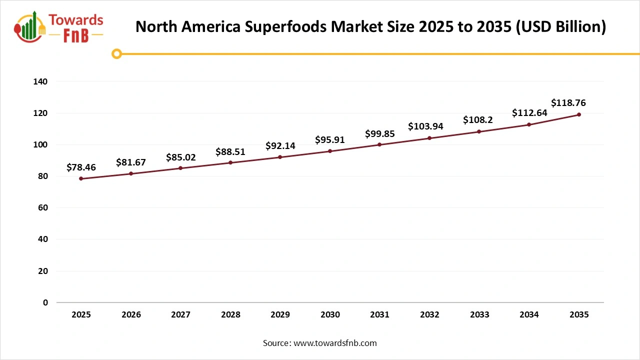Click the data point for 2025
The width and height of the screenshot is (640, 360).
81,178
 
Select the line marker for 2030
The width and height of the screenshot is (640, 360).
330,151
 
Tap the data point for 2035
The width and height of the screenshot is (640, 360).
579,114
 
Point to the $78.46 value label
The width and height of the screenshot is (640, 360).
81,167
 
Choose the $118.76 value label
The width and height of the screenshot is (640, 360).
568,103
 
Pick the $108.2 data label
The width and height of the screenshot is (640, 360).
478,120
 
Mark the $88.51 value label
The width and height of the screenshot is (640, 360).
230,151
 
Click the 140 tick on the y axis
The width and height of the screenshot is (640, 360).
41,81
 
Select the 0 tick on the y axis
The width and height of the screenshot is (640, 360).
45,302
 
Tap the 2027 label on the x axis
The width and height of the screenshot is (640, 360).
180,315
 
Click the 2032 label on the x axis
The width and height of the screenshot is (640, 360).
429,315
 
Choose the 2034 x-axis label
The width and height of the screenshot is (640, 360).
529,315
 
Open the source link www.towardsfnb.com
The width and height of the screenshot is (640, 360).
335,343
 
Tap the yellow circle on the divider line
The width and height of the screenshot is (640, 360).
116,53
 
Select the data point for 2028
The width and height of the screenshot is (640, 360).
230,162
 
